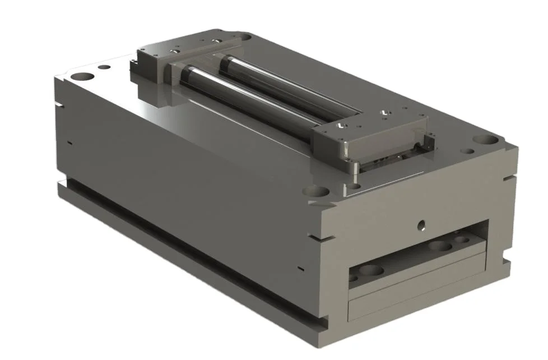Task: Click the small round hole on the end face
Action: [x=421, y=226]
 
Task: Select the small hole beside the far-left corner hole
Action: [x=104, y=68]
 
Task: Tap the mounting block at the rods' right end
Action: [x=370, y=137]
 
